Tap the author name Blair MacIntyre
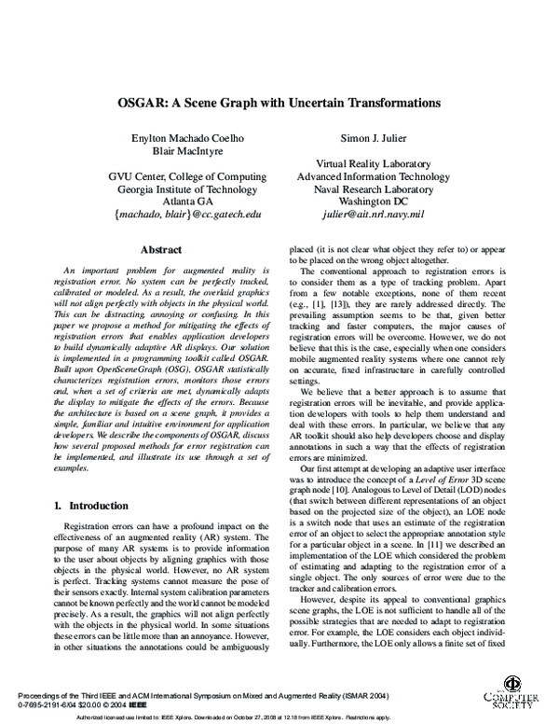[x=188, y=152]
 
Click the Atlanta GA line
[x=187, y=201]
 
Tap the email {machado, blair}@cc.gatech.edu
[x=187, y=214]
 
